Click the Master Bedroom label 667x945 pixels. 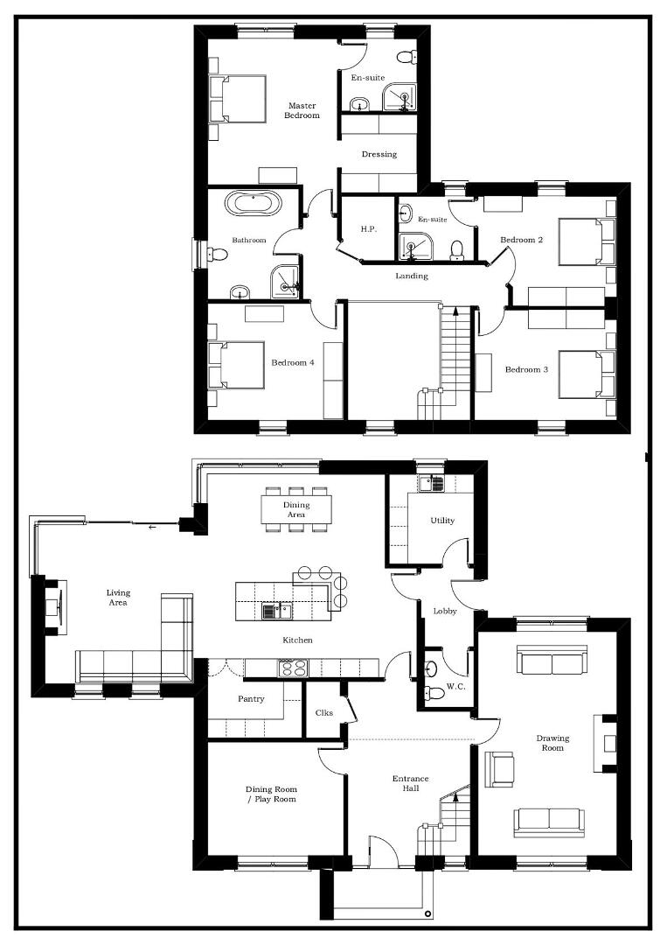click(302, 110)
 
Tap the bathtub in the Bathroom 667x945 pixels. click(253, 203)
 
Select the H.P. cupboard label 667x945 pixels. click(368, 229)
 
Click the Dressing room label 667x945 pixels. click(379, 154)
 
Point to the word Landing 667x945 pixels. click(412, 276)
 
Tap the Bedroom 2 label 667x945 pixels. click(521, 240)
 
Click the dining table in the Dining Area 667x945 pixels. click(296, 509)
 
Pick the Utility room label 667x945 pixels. click(442, 521)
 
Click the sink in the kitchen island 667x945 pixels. click(276, 612)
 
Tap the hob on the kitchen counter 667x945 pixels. click(293, 667)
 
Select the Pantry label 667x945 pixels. click(251, 699)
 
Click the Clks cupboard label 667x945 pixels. click(323, 713)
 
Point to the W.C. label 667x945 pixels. click(455, 687)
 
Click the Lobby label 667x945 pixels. click(445, 611)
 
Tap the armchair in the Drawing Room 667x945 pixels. click(499, 769)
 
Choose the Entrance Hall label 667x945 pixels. click(411, 783)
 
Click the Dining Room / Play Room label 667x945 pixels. click(271, 794)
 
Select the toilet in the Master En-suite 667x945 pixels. click(407, 57)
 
